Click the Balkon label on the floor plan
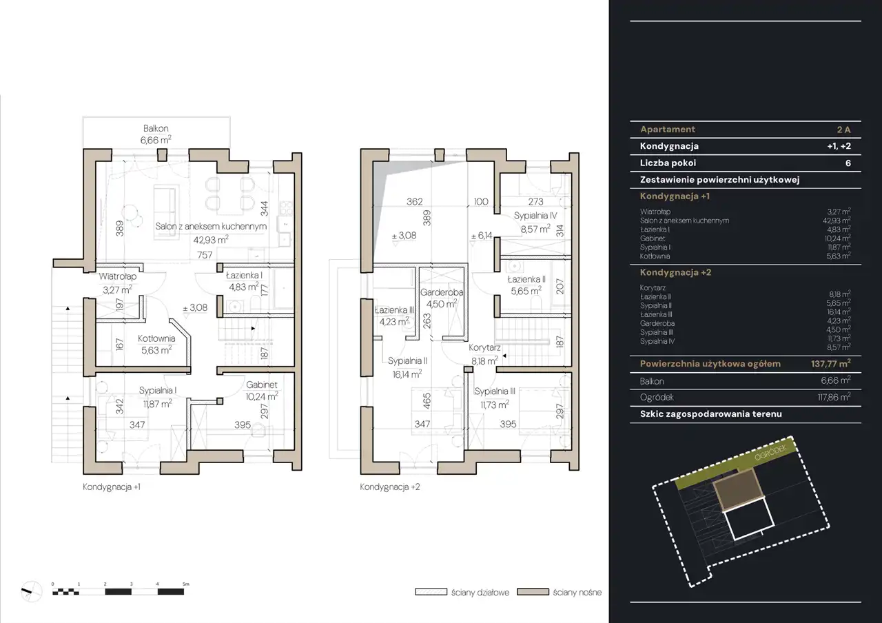(x=156, y=128)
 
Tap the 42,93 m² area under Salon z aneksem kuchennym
(x=211, y=240)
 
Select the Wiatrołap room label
(x=118, y=276)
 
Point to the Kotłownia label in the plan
(x=156, y=338)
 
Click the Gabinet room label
(x=262, y=385)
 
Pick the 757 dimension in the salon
(x=205, y=255)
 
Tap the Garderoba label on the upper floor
(x=442, y=292)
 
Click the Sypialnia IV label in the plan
(x=535, y=216)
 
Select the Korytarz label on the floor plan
(x=484, y=348)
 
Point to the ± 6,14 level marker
(x=482, y=236)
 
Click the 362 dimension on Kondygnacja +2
(x=415, y=202)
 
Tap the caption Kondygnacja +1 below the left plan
(x=112, y=487)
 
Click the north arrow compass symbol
(x=31, y=591)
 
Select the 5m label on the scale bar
(x=186, y=584)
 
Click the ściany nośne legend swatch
(x=533, y=592)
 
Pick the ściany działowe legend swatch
(x=431, y=592)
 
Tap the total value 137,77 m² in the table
(x=831, y=363)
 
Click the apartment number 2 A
(x=844, y=129)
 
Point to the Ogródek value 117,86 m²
(x=834, y=398)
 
